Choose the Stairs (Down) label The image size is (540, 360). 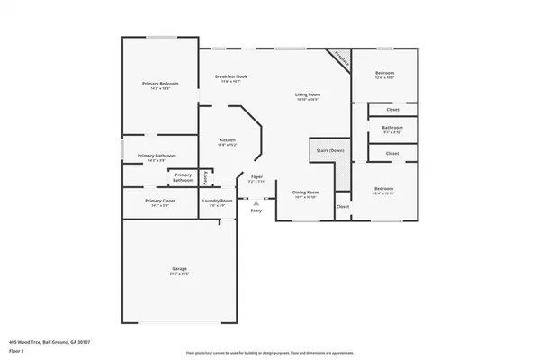click(x=330, y=150)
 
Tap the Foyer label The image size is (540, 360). click(x=256, y=178)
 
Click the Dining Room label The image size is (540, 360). click(x=306, y=193)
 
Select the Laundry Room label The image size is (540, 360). click(x=217, y=201)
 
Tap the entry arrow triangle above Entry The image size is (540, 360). click(x=256, y=203)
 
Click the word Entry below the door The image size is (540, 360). click(x=256, y=211)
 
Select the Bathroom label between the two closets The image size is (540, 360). click(x=391, y=128)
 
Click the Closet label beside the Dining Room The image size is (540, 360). click(x=343, y=207)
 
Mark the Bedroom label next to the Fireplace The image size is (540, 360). click(x=384, y=74)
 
